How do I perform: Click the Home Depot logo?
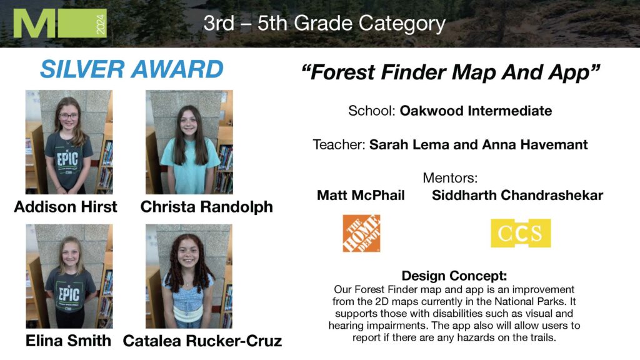361,233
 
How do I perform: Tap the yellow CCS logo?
521,233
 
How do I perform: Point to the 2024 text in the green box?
101,24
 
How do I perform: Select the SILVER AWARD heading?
131,69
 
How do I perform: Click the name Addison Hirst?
65,206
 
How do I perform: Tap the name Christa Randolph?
206,207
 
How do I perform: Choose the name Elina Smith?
68,341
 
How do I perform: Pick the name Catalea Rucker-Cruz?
202,341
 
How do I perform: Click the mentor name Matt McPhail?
361,195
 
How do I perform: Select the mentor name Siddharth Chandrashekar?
517,195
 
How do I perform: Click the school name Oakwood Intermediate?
476,111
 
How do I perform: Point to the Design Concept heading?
454,276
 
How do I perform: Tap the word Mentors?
450,178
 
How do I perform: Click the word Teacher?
339,144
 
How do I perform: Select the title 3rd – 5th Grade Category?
324,23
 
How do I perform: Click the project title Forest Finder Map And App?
451,72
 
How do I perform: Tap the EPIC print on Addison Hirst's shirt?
67,159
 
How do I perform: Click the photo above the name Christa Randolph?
189,142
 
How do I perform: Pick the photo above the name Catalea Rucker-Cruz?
189,276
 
